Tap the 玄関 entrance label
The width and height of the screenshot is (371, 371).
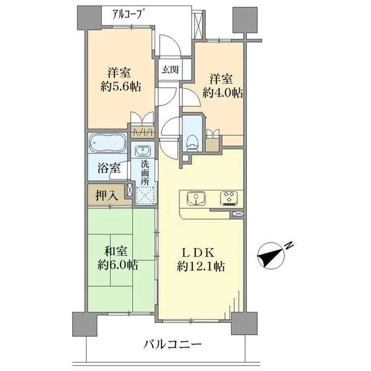click(171, 69)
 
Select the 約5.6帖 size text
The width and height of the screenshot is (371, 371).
click(120, 87)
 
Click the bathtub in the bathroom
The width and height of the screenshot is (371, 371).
click(107, 144)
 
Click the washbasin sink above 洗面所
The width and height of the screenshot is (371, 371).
click(143, 152)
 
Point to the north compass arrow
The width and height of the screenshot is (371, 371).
click(271, 254)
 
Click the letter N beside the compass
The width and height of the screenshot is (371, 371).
click(289, 247)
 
